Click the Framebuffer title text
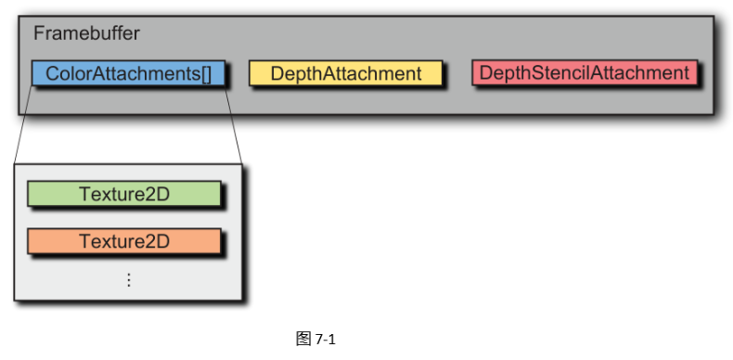pos(86,33)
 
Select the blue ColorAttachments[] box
pos(128,73)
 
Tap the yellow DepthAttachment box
pos(345,73)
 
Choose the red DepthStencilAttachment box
pos(585,72)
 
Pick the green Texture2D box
pos(123,194)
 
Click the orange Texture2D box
pos(123,241)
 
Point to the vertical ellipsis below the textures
pos(128,279)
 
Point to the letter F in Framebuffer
pos(39,33)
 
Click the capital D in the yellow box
pos(276,73)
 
